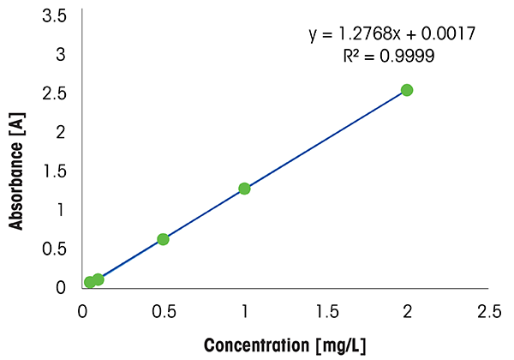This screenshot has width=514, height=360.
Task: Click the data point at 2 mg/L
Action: tap(407, 90)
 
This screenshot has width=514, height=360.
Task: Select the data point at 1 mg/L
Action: tap(244, 189)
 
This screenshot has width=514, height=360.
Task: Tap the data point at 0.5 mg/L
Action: tap(163, 239)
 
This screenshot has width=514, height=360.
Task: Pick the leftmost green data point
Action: tap(90, 282)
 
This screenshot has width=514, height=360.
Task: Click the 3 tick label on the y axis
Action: tap(61, 54)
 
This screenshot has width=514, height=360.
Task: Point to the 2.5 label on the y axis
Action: tap(55, 93)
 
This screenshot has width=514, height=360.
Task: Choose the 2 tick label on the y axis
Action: tap(61, 131)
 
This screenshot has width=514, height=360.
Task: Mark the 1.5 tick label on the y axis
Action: tap(55, 170)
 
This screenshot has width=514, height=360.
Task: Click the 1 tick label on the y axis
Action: tap(61, 209)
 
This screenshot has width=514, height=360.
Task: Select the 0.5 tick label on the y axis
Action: tap(55, 248)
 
